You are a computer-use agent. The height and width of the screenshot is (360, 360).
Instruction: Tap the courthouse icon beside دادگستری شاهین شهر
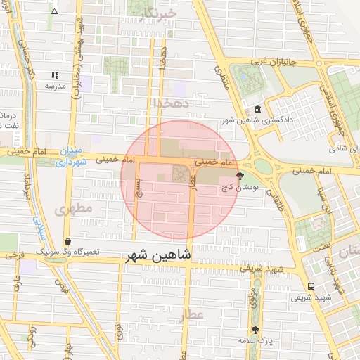pos(258,110)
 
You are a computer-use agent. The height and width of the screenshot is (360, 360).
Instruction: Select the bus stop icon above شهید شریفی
pos(311,286)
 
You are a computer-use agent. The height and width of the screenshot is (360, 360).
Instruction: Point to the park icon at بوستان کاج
pos(240,176)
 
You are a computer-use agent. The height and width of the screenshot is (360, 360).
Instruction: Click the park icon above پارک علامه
pos(255,329)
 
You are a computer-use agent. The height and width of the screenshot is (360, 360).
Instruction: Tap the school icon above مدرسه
pos(55,75)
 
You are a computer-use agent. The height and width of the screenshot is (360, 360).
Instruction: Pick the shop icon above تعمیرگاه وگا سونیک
pos(67,241)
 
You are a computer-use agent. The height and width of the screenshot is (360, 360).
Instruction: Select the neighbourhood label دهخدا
pos(172,103)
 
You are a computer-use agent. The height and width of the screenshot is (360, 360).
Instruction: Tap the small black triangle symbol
pos(55,11)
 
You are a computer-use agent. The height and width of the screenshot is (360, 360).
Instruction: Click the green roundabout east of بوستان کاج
pos(263,166)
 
